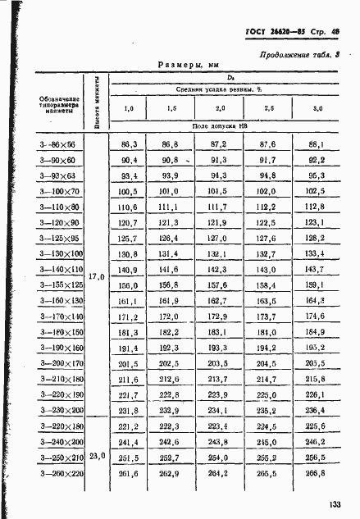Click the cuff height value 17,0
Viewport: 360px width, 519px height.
pos(97,277)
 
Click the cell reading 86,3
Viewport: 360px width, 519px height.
pos(129,143)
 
